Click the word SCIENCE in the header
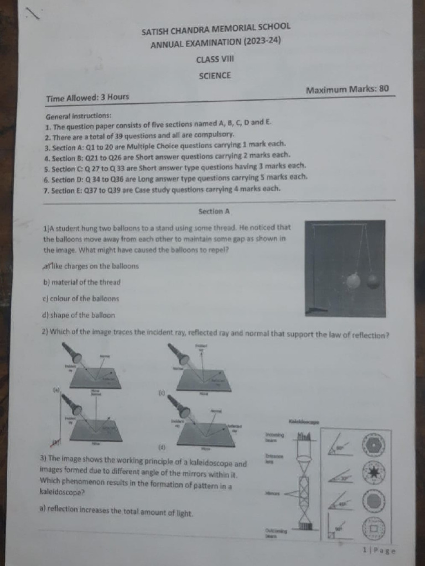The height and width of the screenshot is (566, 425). (215, 76)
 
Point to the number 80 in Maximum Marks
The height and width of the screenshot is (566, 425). (383, 88)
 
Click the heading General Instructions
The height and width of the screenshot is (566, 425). (79, 116)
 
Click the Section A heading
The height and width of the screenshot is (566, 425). (214, 211)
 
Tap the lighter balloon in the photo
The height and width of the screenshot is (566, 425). (353, 281)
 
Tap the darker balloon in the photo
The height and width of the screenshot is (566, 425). (374, 281)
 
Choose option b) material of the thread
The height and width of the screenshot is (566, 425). (81, 282)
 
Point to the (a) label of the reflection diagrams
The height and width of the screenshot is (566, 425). (56, 390)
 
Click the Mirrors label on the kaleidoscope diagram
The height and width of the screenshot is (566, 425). (272, 492)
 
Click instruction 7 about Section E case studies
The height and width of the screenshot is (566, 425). (162, 189)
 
